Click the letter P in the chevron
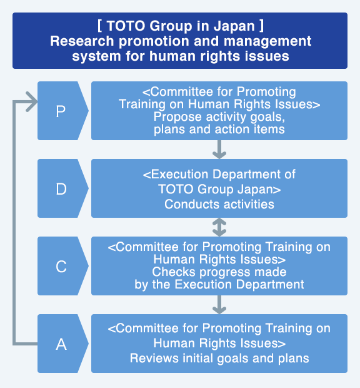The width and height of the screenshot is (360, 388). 61,111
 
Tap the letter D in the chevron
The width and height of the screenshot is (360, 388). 61,189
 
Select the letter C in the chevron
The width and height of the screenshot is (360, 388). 61,267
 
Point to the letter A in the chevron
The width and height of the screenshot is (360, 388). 61,344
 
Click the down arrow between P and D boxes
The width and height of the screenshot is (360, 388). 219,150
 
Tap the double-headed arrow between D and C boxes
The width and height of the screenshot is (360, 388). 219,227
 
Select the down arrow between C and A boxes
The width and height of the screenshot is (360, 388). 219,305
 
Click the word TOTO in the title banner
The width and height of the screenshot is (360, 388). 126,26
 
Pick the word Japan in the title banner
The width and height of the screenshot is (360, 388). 234,26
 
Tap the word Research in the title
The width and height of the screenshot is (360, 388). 82,41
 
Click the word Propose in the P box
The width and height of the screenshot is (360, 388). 177,117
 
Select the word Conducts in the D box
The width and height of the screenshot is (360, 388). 192,205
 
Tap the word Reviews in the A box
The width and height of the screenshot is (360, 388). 154,359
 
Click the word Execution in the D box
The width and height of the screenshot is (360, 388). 180,174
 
